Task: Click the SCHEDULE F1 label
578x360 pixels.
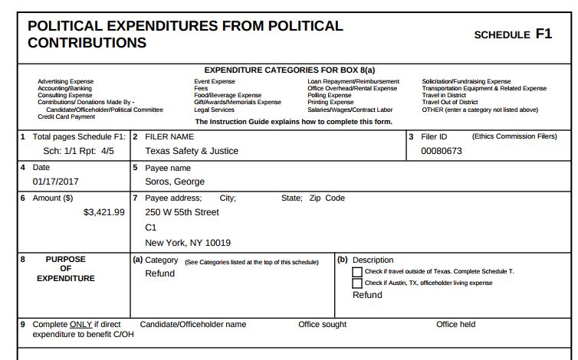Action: coord(512,34)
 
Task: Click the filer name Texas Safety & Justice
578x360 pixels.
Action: coord(186,151)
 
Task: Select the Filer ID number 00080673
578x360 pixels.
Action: coord(442,151)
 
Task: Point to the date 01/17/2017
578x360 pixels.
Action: coord(56,182)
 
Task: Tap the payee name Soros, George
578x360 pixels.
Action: coord(175,182)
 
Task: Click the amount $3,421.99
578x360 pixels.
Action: coord(103,212)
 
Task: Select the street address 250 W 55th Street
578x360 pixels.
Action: coord(182,212)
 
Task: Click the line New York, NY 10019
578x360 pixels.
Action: coord(188,243)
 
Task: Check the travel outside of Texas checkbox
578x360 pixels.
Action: coord(357,272)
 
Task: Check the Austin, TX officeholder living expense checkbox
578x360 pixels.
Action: coord(357,283)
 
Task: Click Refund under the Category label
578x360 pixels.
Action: coord(159,273)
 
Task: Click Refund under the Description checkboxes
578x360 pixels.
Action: coord(367,295)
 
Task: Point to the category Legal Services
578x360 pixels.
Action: coord(214,110)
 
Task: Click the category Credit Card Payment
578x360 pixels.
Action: coord(66,116)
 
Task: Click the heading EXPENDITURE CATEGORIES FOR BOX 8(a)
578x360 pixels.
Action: coord(294,70)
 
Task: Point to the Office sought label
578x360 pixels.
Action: coord(322,324)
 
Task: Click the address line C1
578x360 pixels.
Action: coord(151,227)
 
